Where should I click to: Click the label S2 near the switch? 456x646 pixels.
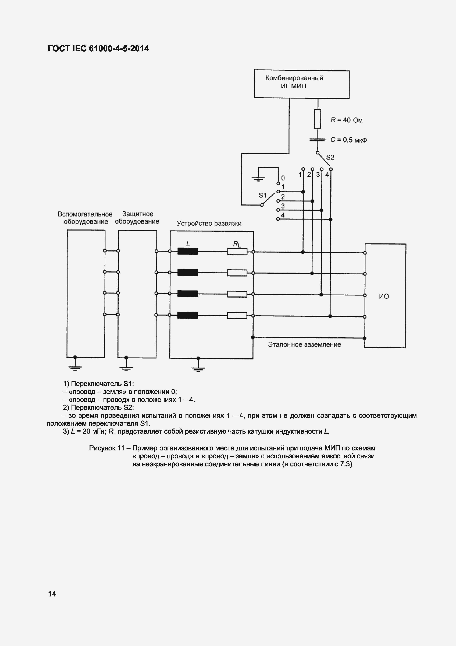(330, 157)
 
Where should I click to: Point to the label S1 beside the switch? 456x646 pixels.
(262, 195)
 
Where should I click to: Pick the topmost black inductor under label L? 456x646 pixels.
(188, 251)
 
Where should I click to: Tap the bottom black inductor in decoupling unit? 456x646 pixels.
(188, 315)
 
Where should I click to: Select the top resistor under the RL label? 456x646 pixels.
(237, 252)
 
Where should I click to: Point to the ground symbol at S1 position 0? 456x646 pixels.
(258, 178)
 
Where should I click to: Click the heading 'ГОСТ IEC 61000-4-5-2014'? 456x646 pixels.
(98, 49)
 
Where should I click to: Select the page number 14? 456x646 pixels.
(52, 594)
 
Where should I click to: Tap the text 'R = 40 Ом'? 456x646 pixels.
(346, 120)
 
